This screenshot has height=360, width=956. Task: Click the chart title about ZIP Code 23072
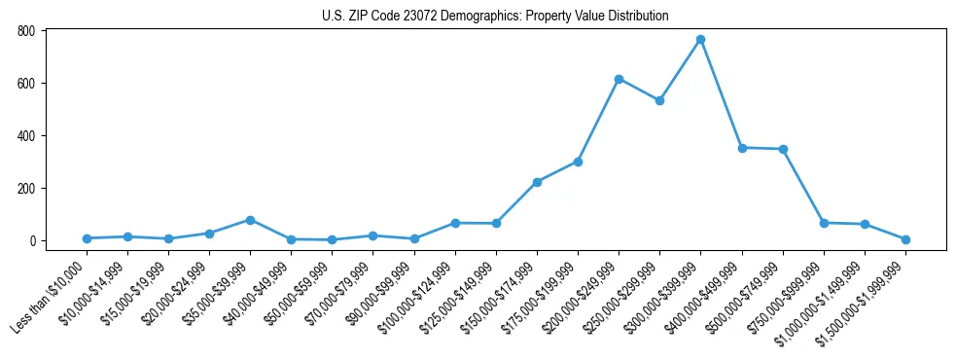[x=495, y=17]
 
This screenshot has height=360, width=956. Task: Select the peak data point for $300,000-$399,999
[x=700, y=40]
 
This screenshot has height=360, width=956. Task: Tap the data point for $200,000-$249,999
[x=619, y=79]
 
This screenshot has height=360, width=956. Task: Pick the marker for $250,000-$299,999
[x=659, y=100]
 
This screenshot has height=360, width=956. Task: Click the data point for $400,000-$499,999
[x=742, y=148]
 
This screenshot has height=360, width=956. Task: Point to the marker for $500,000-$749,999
[x=783, y=149]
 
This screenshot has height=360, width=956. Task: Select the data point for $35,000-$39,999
[x=250, y=220]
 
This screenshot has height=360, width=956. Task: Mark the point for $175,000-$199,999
[x=578, y=162]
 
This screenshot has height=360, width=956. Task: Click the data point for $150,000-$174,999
[x=537, y=182]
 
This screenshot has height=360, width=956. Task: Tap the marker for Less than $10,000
[x=87, y=238]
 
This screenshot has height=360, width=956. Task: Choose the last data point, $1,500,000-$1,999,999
[x=905, y=239]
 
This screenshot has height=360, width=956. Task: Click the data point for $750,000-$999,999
[x=824, y=223]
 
